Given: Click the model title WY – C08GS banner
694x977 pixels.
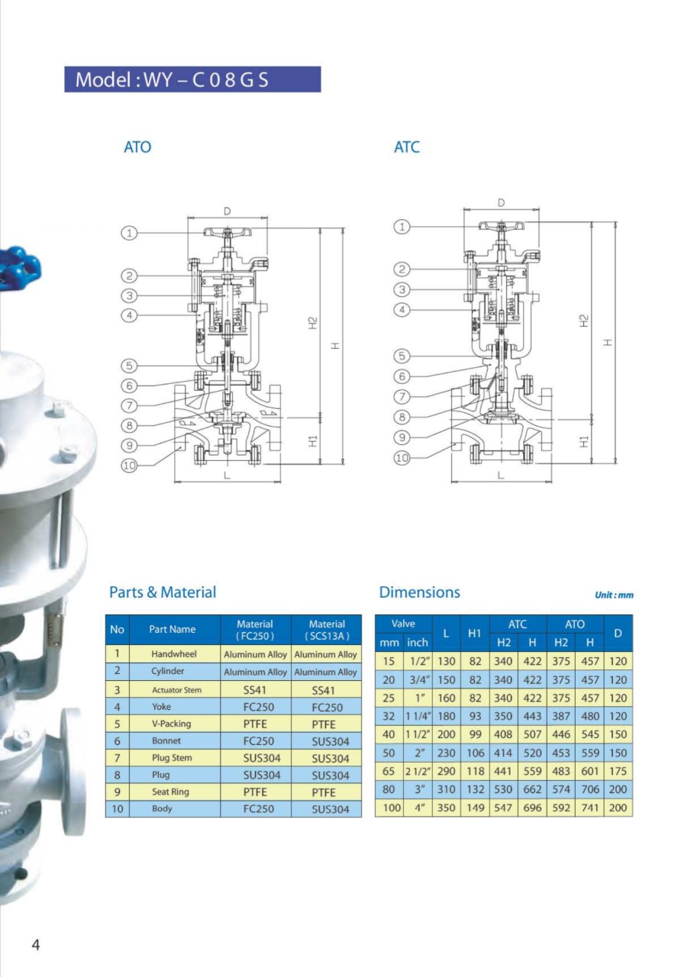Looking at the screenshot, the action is [x=192, y=79].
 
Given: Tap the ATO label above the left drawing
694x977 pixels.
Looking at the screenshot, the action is [x=137, y=147].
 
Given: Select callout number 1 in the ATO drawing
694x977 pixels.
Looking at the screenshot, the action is [x=129, y=233].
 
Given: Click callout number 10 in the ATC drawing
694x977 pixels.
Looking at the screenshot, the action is [x=402, y=458].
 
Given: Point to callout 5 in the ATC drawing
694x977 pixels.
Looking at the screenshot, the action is [x=402, y=356].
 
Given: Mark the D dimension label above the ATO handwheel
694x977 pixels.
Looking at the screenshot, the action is [x=228, y=211].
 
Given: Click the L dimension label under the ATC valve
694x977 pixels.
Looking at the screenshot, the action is [x=501, y=475].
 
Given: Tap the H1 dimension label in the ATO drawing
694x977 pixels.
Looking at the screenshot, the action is [x=313, y=441].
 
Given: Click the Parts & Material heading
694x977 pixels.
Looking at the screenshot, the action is [x=163, y=592].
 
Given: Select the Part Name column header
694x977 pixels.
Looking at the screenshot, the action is [x=172, y=630].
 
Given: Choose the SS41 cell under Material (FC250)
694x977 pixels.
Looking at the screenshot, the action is [x=255, y=690].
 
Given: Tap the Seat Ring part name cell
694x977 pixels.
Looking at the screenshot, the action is [x=170, y=792].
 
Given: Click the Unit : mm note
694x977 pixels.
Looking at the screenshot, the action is [x=614, y=595].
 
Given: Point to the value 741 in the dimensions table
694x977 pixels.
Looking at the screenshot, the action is [x=589, y=808].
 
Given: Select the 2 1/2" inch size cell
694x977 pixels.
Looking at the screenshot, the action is [x=418, y=771].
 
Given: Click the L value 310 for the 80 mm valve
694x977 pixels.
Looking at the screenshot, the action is [x=446, y=789].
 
